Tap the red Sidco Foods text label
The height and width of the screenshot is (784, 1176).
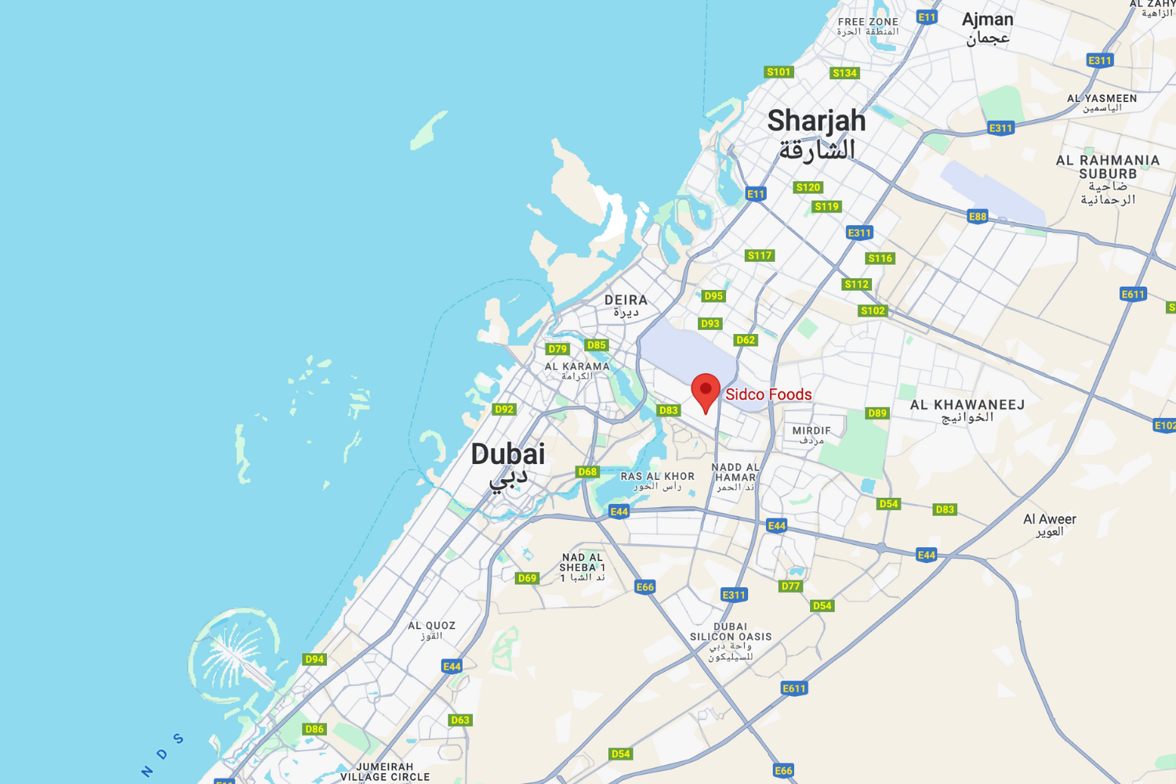768,394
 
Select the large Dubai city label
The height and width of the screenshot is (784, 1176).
508,455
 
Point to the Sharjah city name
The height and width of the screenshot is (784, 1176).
816,122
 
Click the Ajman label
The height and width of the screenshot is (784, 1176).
987,20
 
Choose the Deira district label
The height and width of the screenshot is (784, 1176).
626,300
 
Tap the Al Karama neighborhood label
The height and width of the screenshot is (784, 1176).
577,366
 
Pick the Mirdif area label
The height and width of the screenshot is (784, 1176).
811,431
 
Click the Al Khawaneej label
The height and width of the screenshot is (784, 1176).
967,405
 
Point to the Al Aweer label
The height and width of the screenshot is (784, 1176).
1049,519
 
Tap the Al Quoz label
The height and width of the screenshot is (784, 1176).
431,626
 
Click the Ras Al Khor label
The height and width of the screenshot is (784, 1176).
657,477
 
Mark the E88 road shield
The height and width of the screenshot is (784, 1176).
978,216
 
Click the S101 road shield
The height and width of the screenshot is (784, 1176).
779,72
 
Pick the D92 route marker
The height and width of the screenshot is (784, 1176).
504,409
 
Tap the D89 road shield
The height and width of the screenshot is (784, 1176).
877,413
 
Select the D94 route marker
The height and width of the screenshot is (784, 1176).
314,659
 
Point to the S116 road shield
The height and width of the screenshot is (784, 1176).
880,258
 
